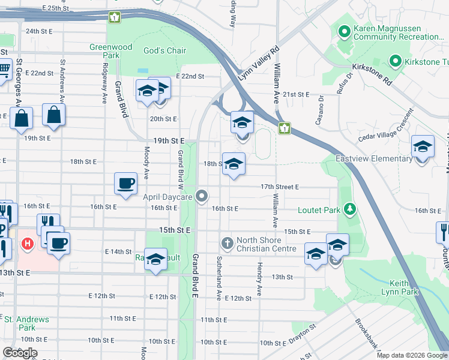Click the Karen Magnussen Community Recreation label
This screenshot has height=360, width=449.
click(x=396, y=32)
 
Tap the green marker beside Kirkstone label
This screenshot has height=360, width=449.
click(x=396, y=61)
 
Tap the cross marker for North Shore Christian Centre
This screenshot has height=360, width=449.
click(x=228, y=244)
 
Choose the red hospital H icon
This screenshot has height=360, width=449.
click(x=27, y=244)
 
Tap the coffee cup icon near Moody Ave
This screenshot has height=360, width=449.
click(x=125, y=183)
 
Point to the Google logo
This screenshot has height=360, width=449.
click(x=20, y=353)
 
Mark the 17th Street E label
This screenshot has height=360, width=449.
click(x=279, y=187)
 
